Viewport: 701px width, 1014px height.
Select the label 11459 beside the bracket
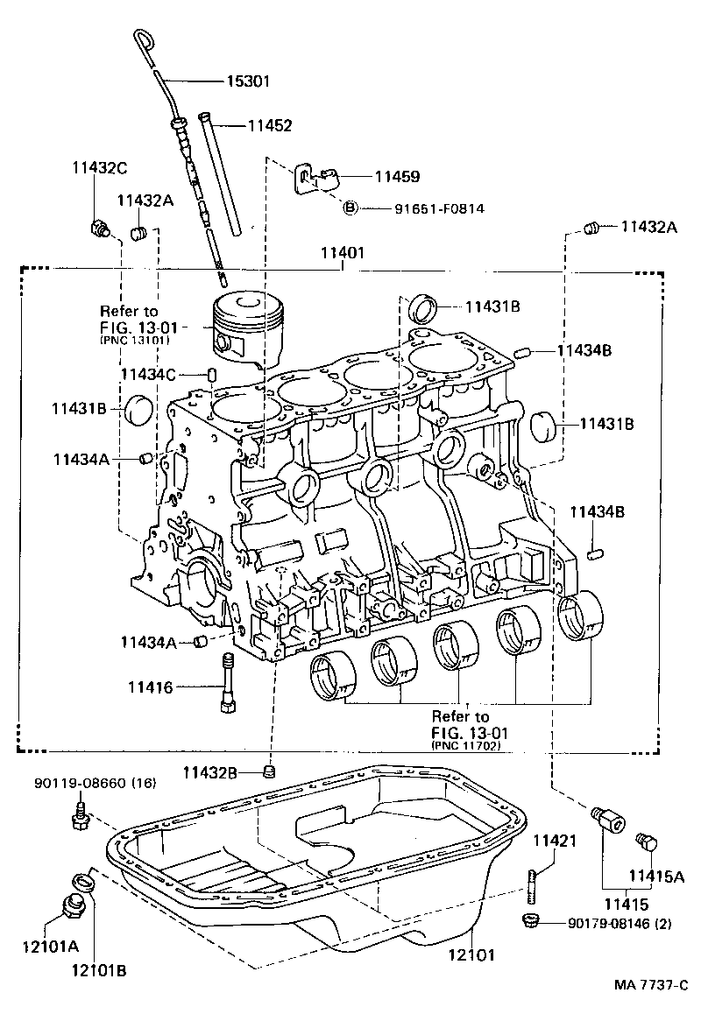397,176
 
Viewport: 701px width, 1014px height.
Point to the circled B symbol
350,208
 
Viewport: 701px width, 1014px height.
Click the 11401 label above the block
343,251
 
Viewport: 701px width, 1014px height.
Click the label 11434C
148,375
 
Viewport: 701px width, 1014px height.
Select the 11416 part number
152,688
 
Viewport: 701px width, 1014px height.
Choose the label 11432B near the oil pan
210,771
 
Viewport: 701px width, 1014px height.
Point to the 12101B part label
98,970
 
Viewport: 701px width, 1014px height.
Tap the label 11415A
655,874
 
